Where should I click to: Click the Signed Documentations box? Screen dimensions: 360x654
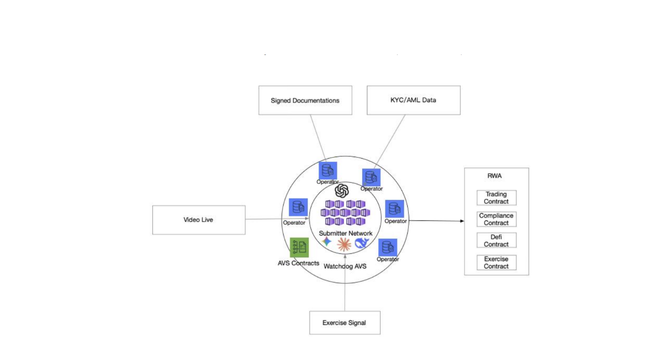click(x=305, y=101)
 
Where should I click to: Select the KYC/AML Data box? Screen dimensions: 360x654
click(x=413, y=100)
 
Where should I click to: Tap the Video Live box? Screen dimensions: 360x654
click(x=199, y=220)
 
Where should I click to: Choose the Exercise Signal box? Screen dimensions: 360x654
click(x=345, y=323)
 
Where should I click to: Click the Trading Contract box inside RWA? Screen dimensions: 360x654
click(x=496, y=198)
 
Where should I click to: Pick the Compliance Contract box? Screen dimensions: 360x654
click(x=496, y=219)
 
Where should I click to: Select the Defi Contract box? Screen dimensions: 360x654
click(x=496, y=241)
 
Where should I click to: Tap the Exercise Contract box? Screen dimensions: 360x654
click(x=496, y=263)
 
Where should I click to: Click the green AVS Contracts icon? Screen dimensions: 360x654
click(x=299, y=247)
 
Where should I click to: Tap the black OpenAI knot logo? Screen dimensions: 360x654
click(x=342, y=190)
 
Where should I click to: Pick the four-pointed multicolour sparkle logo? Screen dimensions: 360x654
click(x=327, y=241)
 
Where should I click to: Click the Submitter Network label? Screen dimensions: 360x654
click(x=345, y=234)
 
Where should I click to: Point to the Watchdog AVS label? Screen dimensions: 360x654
click(x=345, y=267)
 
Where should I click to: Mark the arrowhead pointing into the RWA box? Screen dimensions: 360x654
click(x=462, y=221)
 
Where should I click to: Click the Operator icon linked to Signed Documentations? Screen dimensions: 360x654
click(x=327, y=171)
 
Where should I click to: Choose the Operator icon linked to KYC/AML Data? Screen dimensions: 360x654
click(x=371, y=178)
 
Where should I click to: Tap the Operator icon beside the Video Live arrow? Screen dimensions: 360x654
click(x=298, y=207)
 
